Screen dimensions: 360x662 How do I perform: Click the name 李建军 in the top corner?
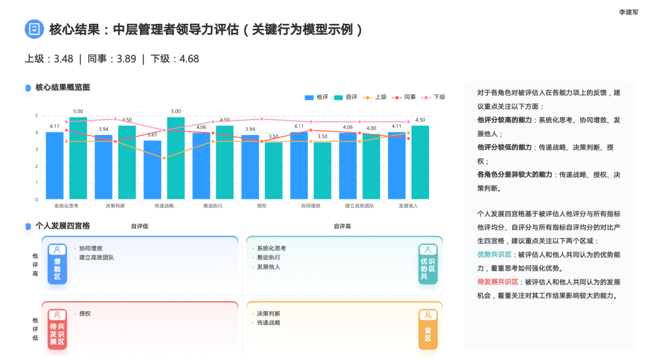tap(628, 12)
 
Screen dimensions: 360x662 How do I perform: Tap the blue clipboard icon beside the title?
tap(34, 29)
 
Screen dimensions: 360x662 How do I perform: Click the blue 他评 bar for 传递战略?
tap(153, 170)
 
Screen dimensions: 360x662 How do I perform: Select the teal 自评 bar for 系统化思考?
tap(78, 158)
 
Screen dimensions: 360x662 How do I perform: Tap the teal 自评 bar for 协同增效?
tap(322, 170)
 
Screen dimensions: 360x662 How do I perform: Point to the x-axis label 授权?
tap(262, 206)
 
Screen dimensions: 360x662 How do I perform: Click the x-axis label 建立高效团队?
tap(359, 206)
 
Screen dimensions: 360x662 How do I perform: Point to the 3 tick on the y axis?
tap(37, 150)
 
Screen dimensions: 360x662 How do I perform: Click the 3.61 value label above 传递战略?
tap(153, 135)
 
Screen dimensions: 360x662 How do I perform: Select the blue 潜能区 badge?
tap(57, 264)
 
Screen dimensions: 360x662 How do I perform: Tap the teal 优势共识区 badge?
tap(428, 264)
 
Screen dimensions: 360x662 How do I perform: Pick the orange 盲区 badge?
tap(428, 329)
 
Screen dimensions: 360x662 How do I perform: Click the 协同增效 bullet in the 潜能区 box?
tap(91, 248)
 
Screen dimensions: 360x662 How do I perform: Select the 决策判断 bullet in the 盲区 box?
tap(268, 313)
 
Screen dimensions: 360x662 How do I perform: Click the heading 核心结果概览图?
tap(63, 88)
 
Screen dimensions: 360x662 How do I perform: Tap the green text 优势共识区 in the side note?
tap(494, 255)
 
